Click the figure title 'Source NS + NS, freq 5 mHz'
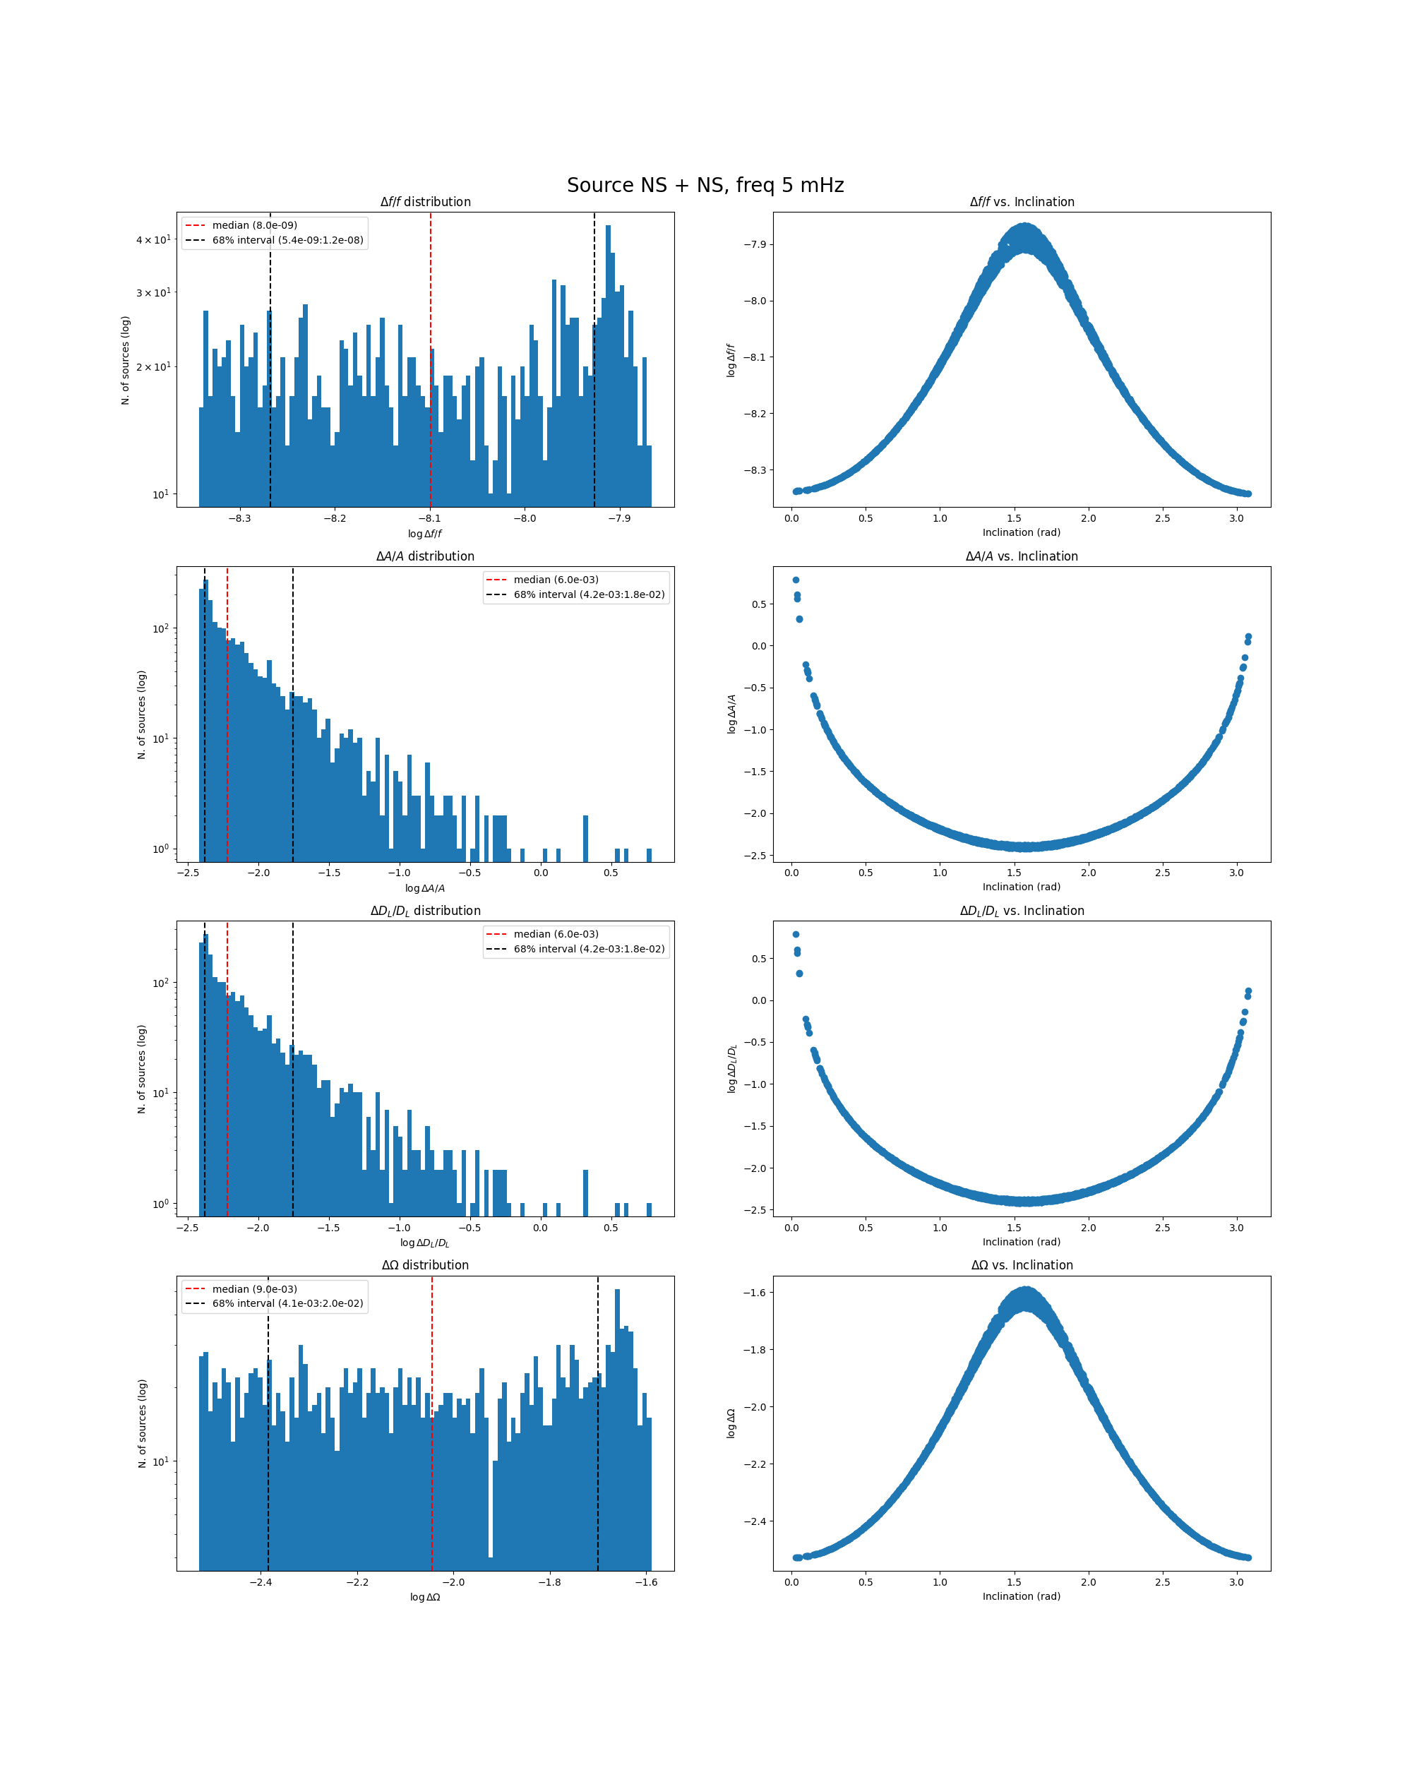coord(705,185)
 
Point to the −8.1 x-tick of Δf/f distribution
coord(430,518)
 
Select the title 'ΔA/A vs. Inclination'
coord(1022,556)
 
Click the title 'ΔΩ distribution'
coord(425,1265)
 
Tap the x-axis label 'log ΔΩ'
coord(425,1597)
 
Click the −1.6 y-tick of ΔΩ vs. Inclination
coord(755,1293)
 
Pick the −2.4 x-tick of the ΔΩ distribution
coord(261,1581)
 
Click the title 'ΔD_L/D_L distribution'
coord(425,910)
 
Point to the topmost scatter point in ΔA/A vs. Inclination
coord(796,580)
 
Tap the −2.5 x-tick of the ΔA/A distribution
coord(188,873)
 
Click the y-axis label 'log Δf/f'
coord(731,360)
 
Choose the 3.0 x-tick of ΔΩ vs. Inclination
coord(1236,1581)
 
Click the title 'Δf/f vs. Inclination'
coord(1022,201)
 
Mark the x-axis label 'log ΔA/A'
coord(425,888)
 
